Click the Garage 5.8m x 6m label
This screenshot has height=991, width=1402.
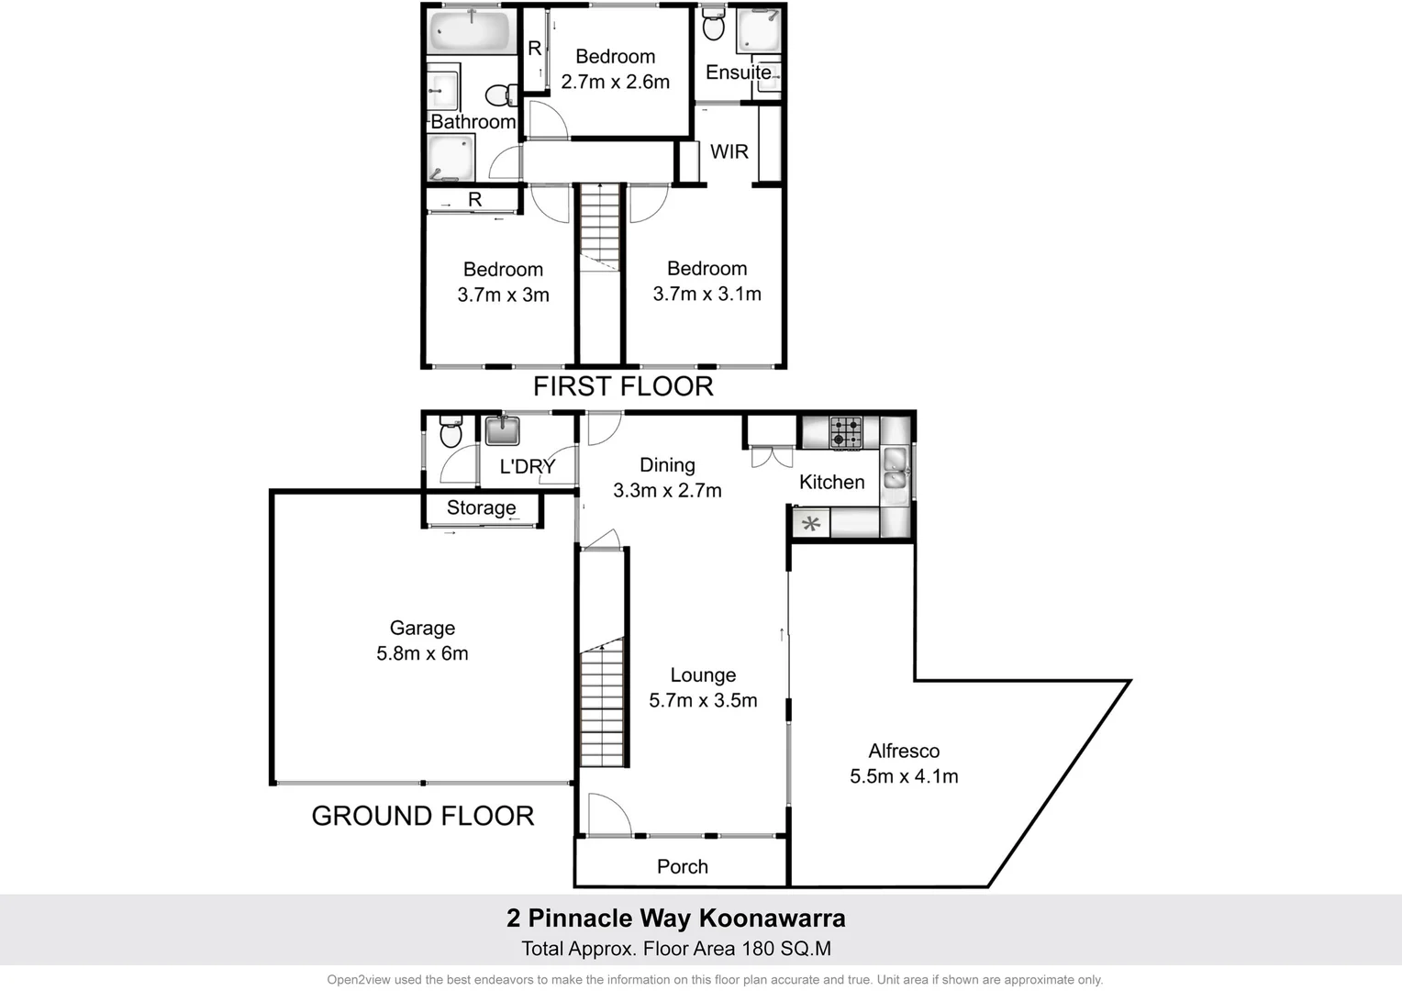[x=422, y=640]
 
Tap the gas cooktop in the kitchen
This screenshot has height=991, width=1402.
[x=846, y=432]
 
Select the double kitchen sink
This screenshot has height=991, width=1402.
[x=896, y=468]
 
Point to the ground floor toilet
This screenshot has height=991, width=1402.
[x=451, y=432]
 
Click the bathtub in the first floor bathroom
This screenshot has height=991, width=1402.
[x=470, y=30]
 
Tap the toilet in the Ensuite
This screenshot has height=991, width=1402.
[x=713, y=25]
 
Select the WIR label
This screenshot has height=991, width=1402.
[x=729, y=151]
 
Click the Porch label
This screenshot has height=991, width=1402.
[x=682, y=866]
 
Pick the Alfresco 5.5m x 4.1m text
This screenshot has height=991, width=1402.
[x=904, y=763]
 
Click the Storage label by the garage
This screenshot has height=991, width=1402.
[x=481, y=507]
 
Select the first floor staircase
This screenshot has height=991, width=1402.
[x=600, y=227]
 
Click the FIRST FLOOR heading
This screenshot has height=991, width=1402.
[x=623, y=386]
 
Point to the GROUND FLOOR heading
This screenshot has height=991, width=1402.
[x=422, y=816]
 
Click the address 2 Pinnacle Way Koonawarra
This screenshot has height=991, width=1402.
[x=676, y=918]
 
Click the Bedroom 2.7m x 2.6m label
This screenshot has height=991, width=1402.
[x=615, y=69]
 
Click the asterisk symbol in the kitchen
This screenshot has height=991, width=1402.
[x=811, y=524]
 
